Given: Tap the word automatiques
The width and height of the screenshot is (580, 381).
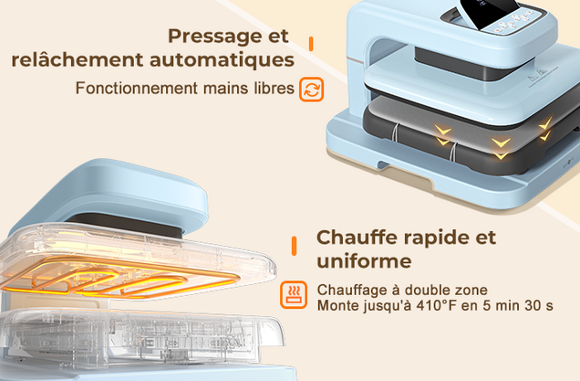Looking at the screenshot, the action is pyautogui.click(x=222, y=60).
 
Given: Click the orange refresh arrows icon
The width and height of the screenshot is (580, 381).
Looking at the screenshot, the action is pyautogui.click(x=312, y=90).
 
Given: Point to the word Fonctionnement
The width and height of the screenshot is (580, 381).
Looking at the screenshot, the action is pyautogui.click(x=137, y=89).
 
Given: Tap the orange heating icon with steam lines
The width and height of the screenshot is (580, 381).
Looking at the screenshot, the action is pyautogui.click(x=294, y=294).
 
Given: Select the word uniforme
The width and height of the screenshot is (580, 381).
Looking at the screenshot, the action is pyautogui.click(x=364, y=261).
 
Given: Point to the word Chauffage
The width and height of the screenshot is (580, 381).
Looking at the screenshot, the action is pyautogui.click(x=352, y=291).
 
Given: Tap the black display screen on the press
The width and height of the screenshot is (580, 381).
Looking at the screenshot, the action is pyautogui.click(x=491, y=12).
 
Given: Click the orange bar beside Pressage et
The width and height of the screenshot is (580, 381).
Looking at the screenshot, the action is pyautogui.click(x=311, y=44).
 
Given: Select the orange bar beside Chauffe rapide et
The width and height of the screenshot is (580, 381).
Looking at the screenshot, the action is pyautogui.click(x=294, y=246).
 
